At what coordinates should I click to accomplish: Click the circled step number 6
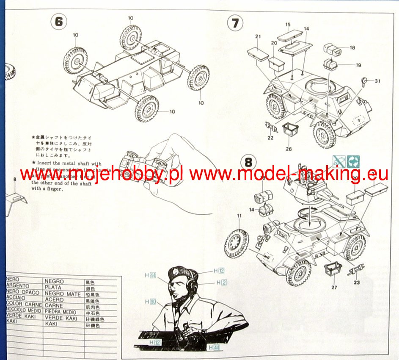[x=58, y=22]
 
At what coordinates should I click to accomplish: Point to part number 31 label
[x=378, y=81]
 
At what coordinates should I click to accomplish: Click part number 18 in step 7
[x=352, y=47]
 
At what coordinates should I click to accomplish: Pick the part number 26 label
[x=289, y=149]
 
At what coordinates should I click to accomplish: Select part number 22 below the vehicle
[x=271, y=138]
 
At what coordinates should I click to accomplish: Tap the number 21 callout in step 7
[x=258, y=37]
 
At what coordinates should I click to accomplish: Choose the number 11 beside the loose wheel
[x=239, y=216]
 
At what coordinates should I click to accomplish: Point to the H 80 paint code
[x=151, y=302]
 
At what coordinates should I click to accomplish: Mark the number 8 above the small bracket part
[x=15, y=179]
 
